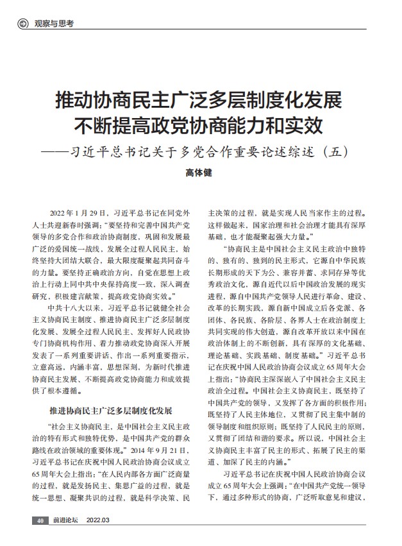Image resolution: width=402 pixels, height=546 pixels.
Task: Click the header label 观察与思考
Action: coord(53,24)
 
